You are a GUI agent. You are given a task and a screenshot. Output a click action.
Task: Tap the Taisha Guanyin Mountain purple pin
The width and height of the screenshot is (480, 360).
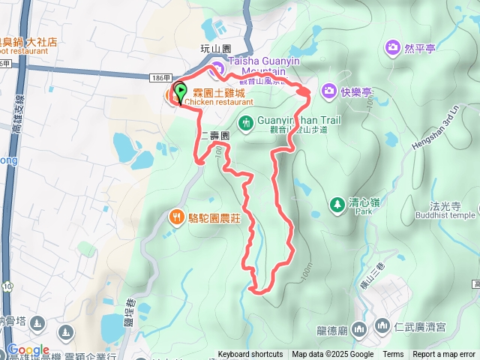click(x=216, y=70)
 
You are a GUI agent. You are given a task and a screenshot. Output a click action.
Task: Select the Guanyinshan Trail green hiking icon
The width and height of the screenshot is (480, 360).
click(x=245, y=122)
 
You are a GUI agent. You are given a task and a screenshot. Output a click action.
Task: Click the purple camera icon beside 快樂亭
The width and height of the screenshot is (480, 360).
click(x=328, y=91)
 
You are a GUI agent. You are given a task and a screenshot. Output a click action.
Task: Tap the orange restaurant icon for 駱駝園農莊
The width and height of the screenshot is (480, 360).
click(x=176, y=217)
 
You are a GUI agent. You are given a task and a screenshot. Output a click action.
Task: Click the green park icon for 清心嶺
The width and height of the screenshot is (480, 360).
click(x=337, y=203)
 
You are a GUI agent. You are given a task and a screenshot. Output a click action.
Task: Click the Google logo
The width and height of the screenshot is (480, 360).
click(x=27, y=349)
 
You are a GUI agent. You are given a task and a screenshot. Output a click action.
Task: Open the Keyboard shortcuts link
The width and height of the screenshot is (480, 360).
click(x=250, y=355)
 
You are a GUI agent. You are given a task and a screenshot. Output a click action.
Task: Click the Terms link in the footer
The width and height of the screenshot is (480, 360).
click(x=393, y=355)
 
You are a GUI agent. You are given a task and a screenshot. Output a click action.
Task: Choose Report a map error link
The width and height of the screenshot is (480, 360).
click(x=444, y=355)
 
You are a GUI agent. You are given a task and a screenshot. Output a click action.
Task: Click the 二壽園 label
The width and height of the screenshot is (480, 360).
click(x=214, y=137)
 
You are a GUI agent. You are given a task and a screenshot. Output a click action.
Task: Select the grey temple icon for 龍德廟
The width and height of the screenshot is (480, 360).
click(x=359, y=328)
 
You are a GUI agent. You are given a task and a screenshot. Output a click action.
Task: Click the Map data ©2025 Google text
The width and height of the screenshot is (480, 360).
click(x=332, y=355)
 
